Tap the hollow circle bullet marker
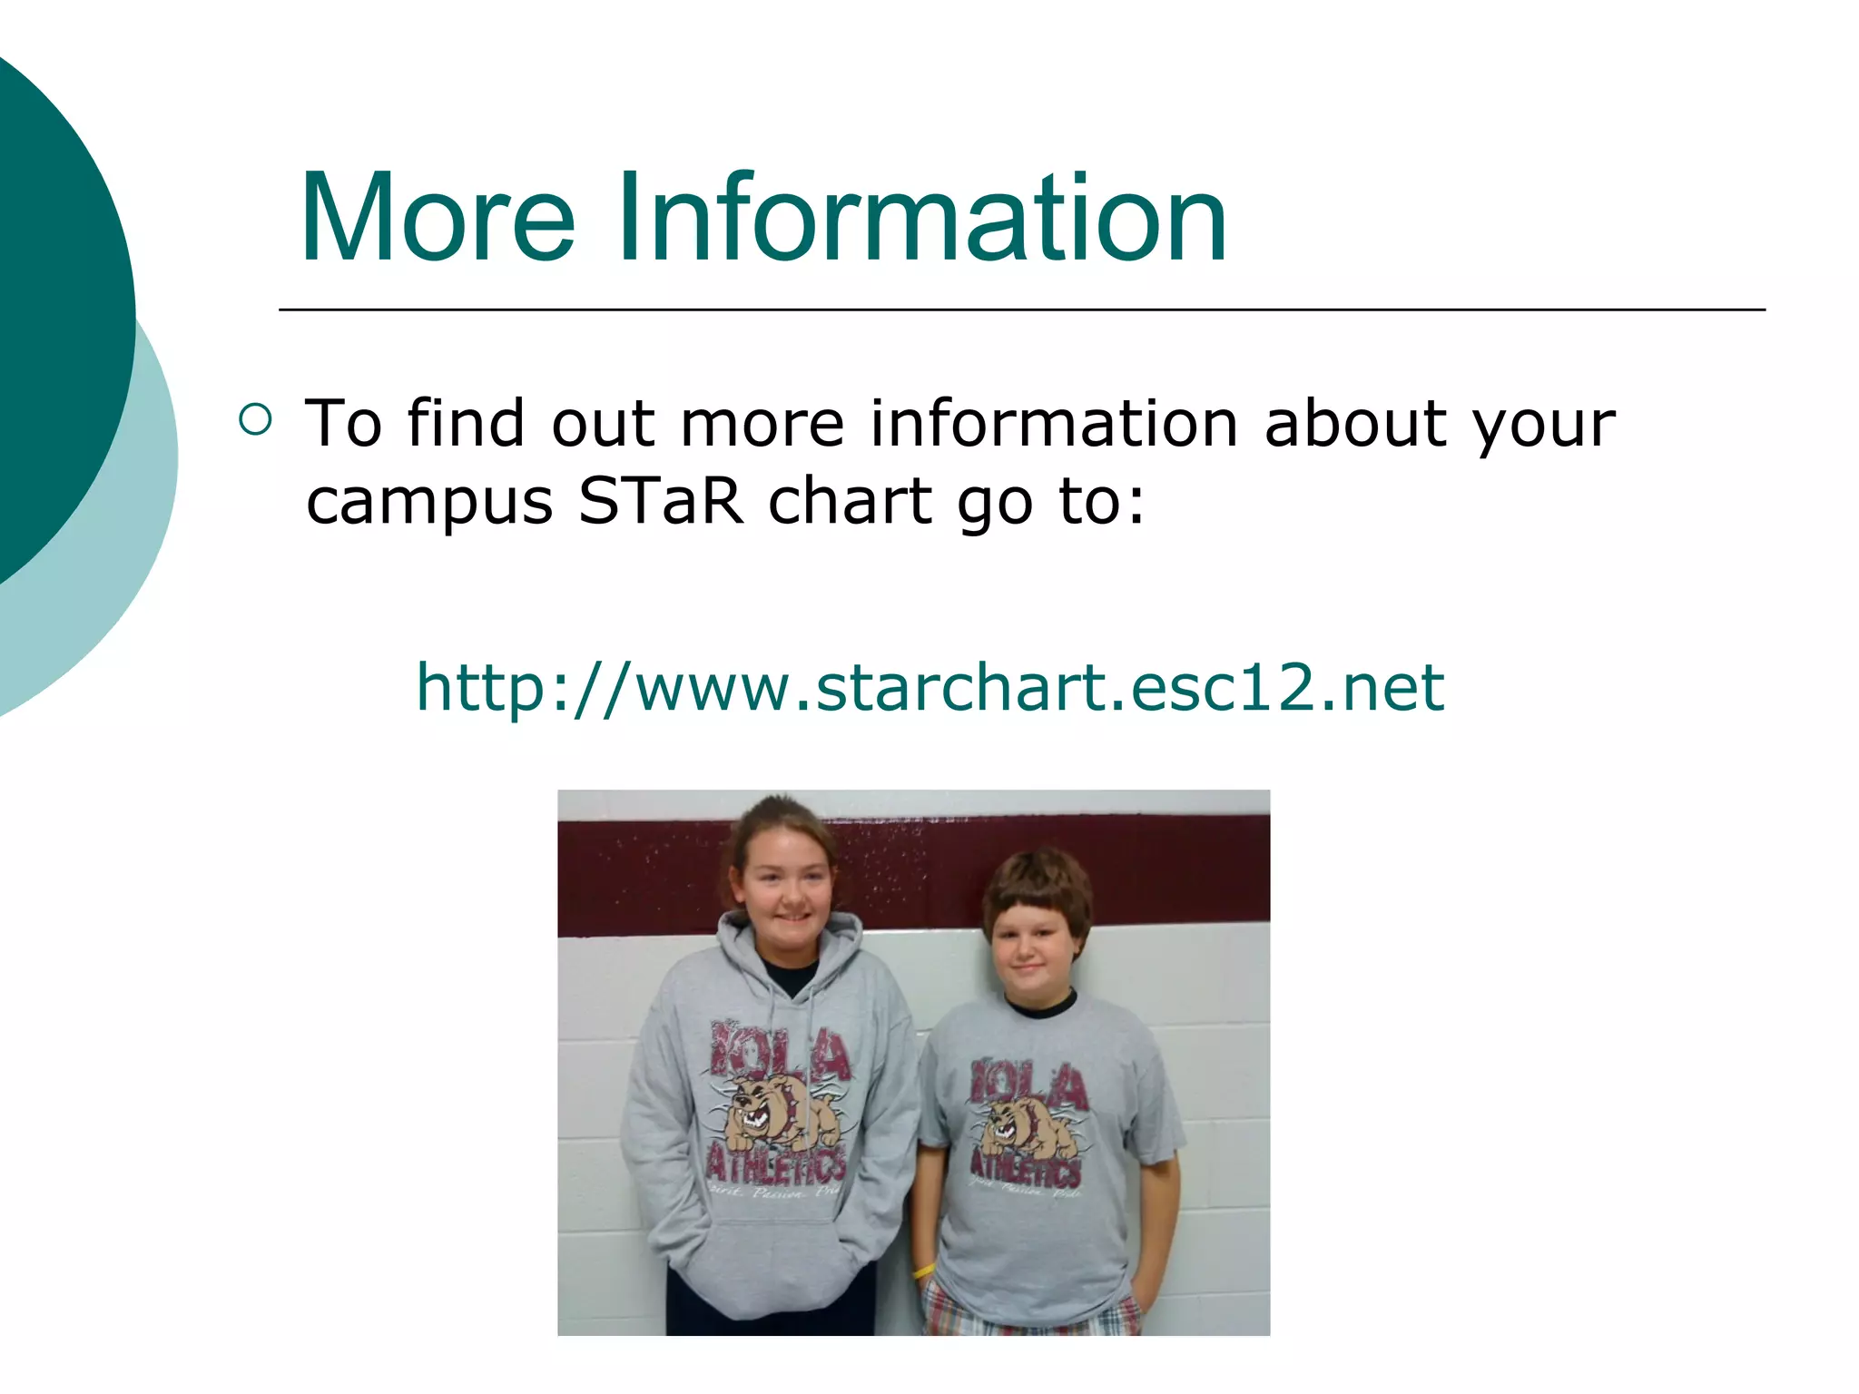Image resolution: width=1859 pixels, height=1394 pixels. (255, 419)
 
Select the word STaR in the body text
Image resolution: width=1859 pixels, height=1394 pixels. (660, 501)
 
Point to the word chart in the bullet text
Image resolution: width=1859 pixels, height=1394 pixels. (850, 501)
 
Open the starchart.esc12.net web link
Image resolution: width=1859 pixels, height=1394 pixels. (929, 687)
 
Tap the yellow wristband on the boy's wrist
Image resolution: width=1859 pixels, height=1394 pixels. (923, 1271)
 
